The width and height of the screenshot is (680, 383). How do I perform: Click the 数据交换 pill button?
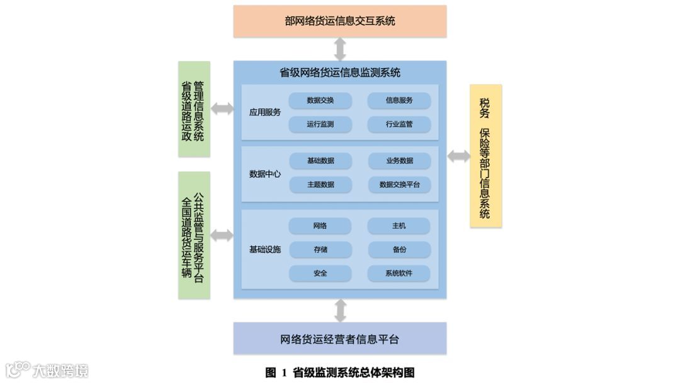point(320,100)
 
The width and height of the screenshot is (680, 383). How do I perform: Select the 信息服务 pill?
point(399,100)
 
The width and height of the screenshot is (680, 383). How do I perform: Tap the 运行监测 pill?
point(320,124)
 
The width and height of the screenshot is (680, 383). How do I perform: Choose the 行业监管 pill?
point(399,124)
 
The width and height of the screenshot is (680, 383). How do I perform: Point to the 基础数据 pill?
point(320,161)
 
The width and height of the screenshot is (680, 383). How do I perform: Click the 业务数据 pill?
point(399,161)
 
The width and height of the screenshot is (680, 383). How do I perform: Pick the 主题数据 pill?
point(320,185)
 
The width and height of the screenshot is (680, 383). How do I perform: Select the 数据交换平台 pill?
point(399,185)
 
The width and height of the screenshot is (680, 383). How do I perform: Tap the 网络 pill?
point(320,226)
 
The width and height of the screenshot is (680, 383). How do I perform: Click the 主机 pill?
point(399,226)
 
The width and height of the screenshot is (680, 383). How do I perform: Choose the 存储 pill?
point(320,249)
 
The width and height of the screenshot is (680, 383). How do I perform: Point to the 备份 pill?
point(399,249)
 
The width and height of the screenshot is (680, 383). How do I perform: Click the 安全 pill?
point(320,273)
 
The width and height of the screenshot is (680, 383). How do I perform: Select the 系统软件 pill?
point(399,273)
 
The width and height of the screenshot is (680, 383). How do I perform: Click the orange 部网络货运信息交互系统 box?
point(340,21)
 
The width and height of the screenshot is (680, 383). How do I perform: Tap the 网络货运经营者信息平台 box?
point(340,339)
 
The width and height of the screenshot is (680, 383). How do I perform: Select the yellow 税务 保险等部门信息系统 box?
point(485,156)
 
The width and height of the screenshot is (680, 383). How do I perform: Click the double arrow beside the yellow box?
point(458,156)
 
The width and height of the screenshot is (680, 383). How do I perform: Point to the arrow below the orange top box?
point(340,49)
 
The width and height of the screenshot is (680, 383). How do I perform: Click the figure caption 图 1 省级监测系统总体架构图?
point(340,372)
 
